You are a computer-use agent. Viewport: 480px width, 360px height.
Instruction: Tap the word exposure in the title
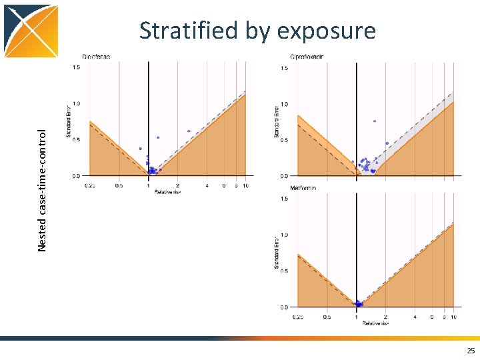327,31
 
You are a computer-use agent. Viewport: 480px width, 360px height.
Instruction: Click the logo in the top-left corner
31,31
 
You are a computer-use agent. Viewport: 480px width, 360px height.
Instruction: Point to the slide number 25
471,351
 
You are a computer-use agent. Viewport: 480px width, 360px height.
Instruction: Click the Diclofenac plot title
97,56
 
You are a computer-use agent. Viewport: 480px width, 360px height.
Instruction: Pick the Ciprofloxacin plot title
307,56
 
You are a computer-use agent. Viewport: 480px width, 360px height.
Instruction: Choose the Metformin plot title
303,188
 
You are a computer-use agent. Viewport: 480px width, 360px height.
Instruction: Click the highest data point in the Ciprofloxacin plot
375,121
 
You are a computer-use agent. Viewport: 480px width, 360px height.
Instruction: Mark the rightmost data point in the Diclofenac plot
189,131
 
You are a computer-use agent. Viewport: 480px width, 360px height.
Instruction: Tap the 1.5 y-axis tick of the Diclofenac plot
76,67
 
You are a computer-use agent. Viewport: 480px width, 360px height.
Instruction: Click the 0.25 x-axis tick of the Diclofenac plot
89,185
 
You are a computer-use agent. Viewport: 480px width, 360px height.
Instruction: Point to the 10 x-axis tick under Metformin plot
453,317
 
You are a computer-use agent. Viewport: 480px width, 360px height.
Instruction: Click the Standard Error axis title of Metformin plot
277,253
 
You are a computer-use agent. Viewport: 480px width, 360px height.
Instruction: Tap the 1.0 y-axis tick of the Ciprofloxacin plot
285,104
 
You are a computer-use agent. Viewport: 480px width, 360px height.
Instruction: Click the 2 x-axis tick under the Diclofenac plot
177,185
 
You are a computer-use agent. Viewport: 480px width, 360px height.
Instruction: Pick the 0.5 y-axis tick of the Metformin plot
285,271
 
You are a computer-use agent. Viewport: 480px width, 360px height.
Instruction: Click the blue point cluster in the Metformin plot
359,304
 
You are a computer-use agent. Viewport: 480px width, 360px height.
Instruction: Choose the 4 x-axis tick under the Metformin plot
415,317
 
